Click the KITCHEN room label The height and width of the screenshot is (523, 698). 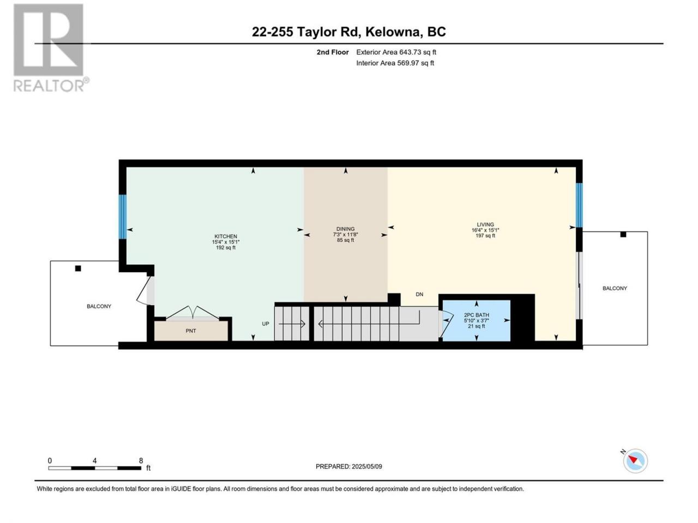[225, 236]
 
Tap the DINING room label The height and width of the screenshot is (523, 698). [345, 229]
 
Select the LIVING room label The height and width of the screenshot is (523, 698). [485, 224]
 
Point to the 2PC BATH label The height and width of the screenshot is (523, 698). [476, 315]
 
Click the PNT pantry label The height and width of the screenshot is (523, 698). [191, 331]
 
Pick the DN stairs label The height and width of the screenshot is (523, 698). [419, 294]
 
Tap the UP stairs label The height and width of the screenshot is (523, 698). [266, 324]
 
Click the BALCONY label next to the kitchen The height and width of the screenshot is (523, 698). [99, 306]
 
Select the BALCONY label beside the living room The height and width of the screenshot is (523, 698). [615, 288]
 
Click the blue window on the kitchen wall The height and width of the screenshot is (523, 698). [123, 217]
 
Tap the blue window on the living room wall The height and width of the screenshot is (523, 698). [579, 205]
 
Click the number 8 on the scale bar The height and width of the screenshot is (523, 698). [141, 460]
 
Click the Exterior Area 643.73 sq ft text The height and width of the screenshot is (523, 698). [396, 52]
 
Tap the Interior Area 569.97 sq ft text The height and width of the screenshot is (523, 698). [395, 63]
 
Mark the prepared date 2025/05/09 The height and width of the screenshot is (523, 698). [366, 466]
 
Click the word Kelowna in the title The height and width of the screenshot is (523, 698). [394, 32]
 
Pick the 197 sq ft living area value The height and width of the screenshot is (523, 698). [485, 235]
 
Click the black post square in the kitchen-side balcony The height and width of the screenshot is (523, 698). [78, 269]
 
